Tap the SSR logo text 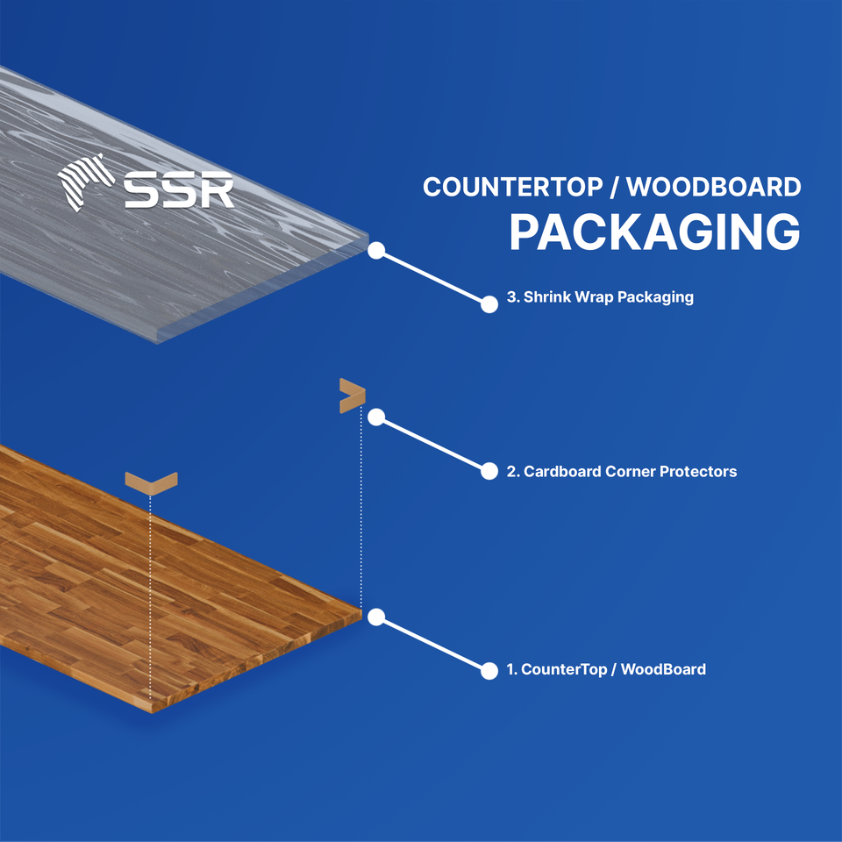pyautogui.click(x=179, y=188)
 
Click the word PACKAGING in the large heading pyautogui.click(x=654, y=232)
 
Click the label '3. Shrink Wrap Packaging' pyautogui.click(x=600, y=297)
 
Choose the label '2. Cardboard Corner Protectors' pyautogui.click(x=621, y=472)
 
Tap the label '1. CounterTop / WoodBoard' pyautogui.click(x=606, y=670)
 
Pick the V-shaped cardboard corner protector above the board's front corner pyautogui.click(x=152, y=481)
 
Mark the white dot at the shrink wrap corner pyautogui.click(x=376, y=250)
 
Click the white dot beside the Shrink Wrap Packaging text pyautogui.click(x=489, y=303)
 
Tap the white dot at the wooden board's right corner pyautogui.click(x=376, y=617)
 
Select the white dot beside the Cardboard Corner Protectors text pyautogui.click(x=489, y=471)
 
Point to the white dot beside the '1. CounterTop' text pyautogui.click(x=489, y=671)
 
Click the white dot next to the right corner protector pyautogui.click(x=376, y=417)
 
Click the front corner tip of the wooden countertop pyautogui.click(x=151, y=710)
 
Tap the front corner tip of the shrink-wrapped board pyautogui.click(x=156, y=341)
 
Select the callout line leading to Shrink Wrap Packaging pyautogui.click(x=432, y=277)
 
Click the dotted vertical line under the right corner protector pyautogui.click(x=361, y=509)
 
